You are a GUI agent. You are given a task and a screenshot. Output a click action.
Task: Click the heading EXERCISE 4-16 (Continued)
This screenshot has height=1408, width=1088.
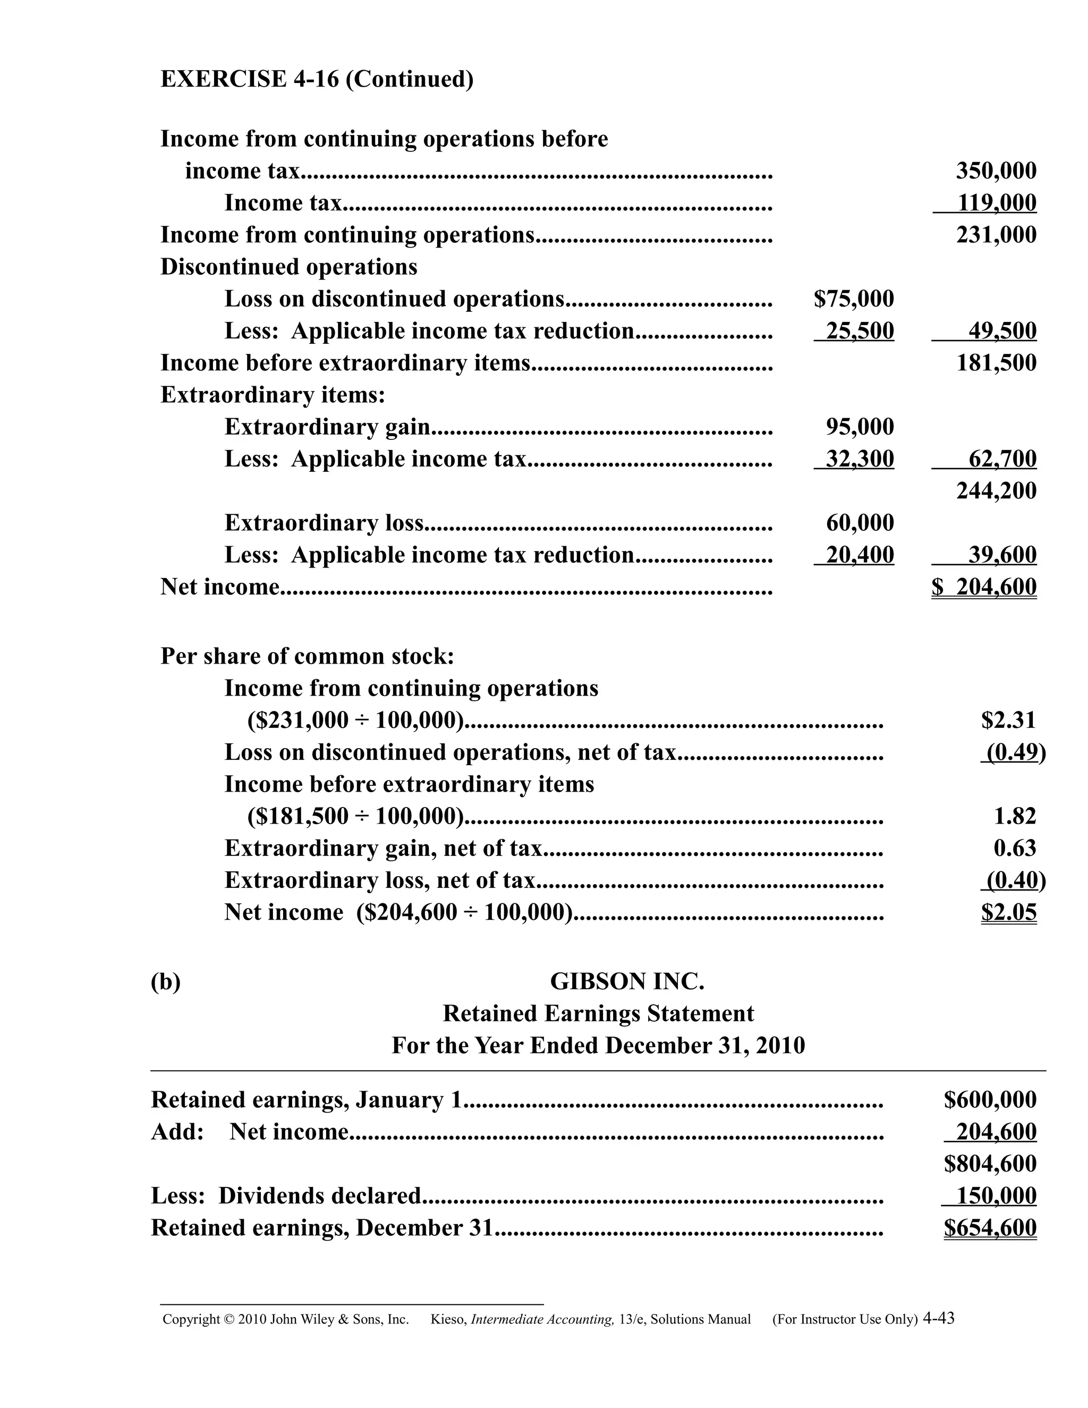coord(317,79)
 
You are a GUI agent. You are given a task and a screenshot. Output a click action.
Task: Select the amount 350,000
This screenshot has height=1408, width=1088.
coord(996,171)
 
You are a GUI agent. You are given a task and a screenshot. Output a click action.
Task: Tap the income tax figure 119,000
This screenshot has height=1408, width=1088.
coord(996,203)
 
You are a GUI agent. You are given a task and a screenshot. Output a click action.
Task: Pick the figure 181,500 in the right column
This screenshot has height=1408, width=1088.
coord(996,363)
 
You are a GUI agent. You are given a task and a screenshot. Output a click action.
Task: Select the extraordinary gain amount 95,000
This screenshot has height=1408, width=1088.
coord(860,427)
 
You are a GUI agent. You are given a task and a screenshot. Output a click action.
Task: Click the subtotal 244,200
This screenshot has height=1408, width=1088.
coord(996,490)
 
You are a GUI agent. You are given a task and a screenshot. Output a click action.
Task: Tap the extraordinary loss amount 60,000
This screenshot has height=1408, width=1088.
coord(860,523)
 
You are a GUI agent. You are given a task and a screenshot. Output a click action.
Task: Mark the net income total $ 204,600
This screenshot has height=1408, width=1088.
coord(984,587)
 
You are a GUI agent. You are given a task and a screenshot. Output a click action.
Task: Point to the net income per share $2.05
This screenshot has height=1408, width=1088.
coord(1009,912)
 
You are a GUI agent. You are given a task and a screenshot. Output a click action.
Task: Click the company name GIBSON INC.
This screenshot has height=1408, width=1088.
coord(626,982)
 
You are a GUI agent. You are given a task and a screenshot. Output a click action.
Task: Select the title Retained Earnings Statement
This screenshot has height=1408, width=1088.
coord(598,1013)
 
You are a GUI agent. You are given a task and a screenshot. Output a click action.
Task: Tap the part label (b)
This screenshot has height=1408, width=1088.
coord(166,982)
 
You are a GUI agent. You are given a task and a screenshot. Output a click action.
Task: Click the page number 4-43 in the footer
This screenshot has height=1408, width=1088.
coord(939,1318)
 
